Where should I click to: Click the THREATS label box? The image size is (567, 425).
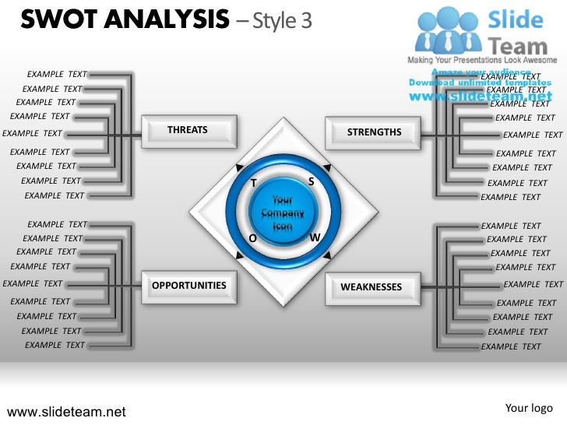pos(188,130)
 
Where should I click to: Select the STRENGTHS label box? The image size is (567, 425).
pos(373,132)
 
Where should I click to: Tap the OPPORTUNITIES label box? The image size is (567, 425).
pos(188,286)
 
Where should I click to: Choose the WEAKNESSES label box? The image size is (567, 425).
pos(372,287)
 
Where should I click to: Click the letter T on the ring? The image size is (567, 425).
pos(253,183)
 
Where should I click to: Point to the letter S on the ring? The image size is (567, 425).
pos(311,181)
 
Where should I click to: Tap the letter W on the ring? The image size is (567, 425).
pos(315,237)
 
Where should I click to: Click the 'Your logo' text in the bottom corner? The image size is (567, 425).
pos(529,408)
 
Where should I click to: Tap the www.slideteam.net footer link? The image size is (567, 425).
pos(66,411)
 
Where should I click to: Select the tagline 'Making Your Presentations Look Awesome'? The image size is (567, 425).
pos(482,60)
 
